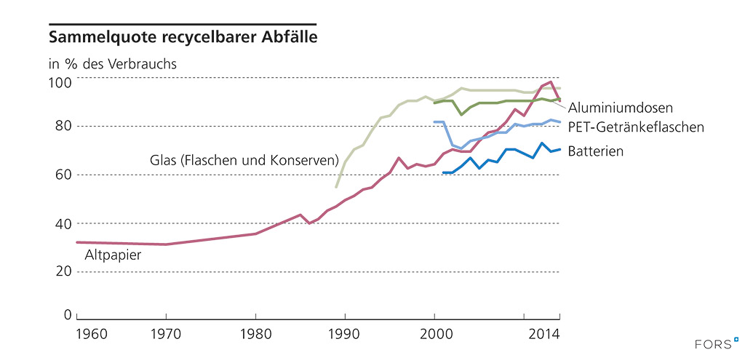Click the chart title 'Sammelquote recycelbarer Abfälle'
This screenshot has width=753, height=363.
182,36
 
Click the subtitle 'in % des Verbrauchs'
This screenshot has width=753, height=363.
113,63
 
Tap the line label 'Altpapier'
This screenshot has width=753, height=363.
113,255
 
